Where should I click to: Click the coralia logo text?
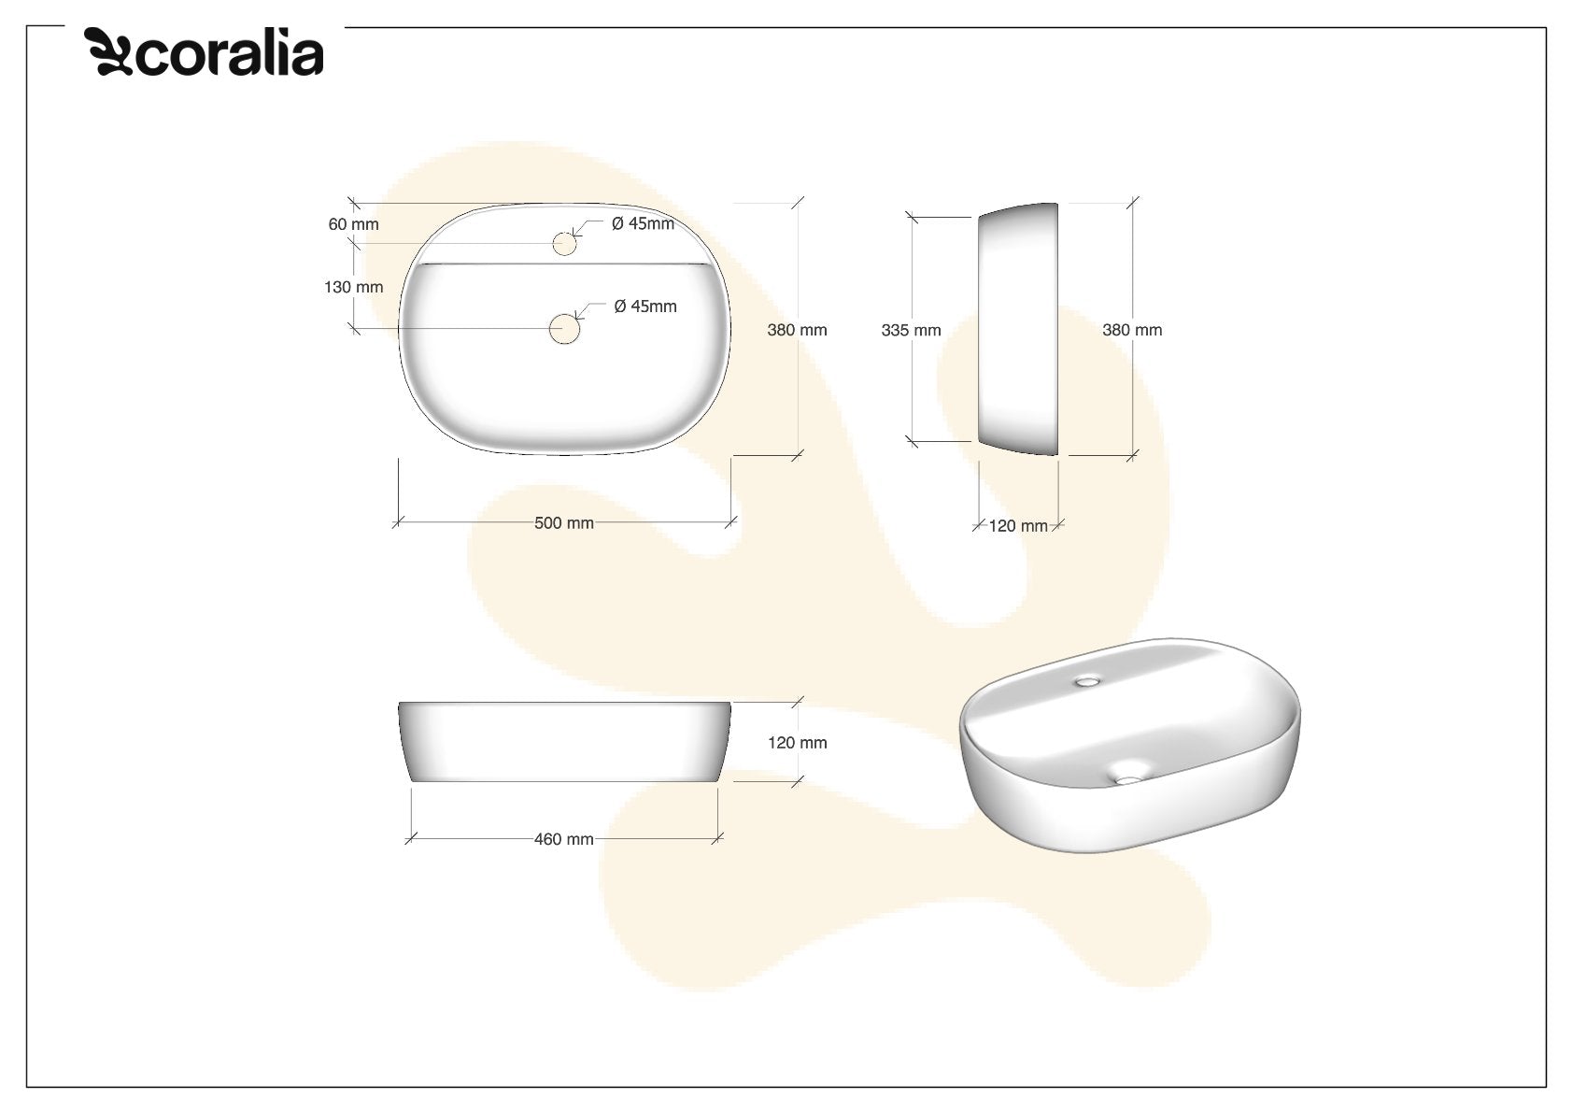coord(230,53)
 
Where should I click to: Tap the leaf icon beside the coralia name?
coord(108,51)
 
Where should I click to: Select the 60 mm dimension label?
coord(354,224)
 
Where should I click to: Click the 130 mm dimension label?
coord(354,287)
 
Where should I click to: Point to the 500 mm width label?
coord(564,523)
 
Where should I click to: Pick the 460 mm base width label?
coord(564,839)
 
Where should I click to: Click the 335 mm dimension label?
coord(911,330)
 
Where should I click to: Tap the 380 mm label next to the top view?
coord(798,330)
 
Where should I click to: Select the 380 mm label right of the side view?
coord(1132,330)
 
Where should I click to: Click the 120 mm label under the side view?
coord(1018,526)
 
